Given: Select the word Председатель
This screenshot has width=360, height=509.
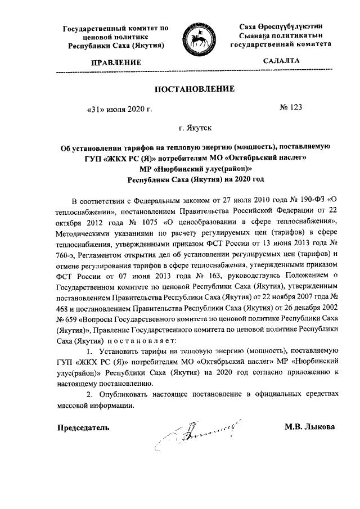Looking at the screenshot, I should (83, 427).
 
